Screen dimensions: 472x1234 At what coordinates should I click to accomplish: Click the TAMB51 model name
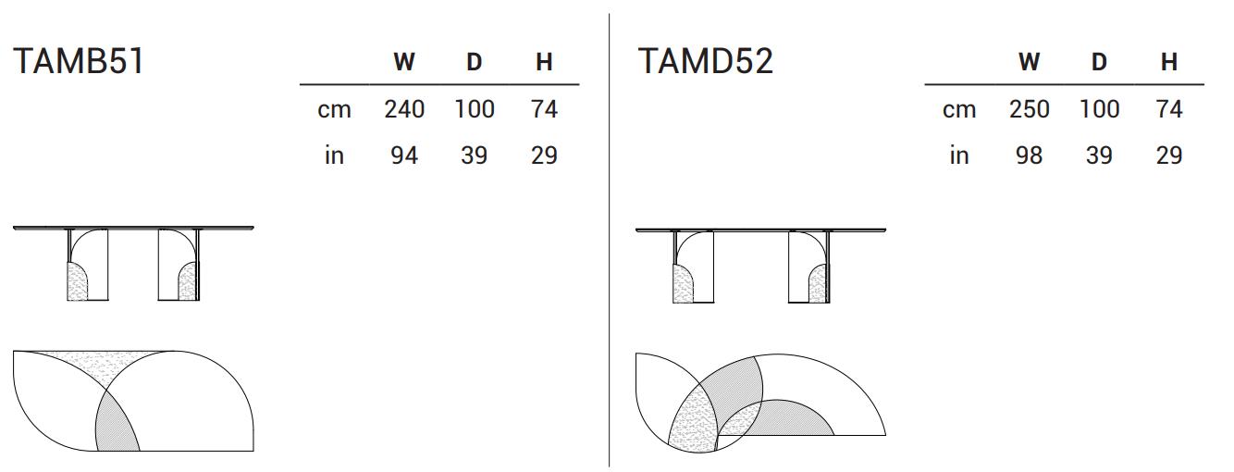79,61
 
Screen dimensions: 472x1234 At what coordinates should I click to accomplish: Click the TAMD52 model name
705,61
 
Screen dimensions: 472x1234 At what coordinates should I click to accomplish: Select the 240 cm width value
404,109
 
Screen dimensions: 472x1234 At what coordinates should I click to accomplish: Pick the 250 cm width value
1029,109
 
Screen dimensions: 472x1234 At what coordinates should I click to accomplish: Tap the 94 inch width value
404,155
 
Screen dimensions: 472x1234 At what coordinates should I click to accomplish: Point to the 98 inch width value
1029,155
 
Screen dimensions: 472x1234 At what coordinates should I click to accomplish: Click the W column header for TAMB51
404,62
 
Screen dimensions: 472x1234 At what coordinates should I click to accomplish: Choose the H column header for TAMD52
1169,62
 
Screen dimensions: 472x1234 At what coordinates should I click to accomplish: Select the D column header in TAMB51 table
474,62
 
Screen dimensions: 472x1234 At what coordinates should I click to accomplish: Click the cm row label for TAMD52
959,110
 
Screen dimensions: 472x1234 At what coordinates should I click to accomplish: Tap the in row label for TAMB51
334,155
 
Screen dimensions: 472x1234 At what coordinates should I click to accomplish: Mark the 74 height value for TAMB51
544,109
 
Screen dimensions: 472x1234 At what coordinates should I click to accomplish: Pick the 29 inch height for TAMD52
1169,155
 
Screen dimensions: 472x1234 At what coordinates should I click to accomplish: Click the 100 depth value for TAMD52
1099,109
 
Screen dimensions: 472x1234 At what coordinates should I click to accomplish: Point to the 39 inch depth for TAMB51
474,155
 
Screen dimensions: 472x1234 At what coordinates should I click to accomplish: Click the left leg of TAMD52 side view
693,267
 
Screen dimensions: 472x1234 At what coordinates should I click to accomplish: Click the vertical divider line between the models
610,241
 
